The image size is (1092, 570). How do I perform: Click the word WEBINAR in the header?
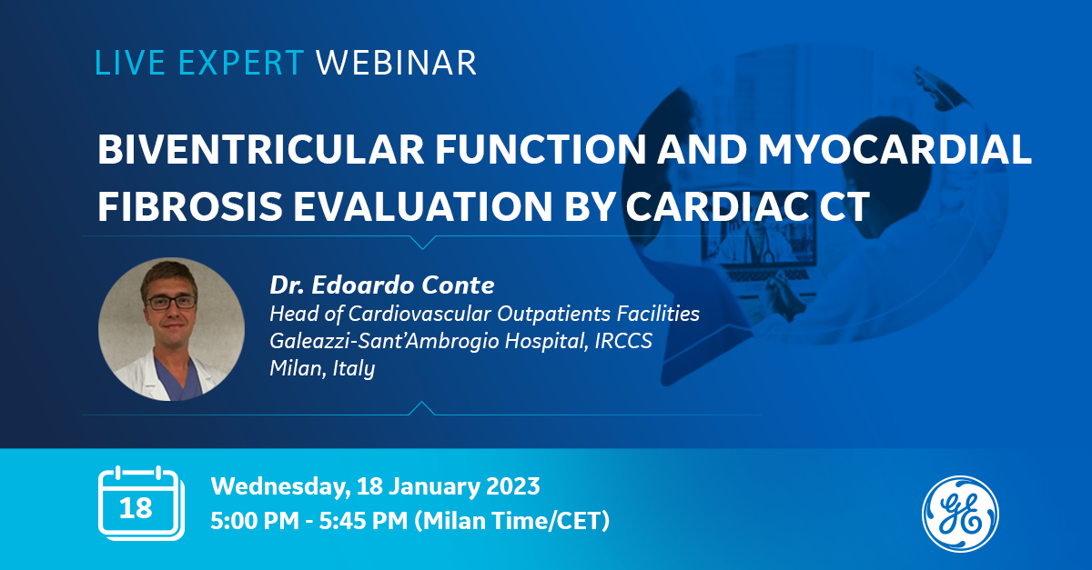tap(396, 63)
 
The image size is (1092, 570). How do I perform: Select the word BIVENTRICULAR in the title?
tap(261, 149)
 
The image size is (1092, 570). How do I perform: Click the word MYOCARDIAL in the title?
tap(895, 149)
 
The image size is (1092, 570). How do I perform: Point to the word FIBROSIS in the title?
tap(190, 206)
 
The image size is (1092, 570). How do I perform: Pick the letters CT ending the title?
tap(844, 206)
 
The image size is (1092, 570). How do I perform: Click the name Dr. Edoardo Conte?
tap(382, 285)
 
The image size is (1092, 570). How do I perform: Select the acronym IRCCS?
tap(623, 341)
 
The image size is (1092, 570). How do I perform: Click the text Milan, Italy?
tap(322, 368)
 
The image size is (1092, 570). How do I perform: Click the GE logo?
tap(960, 514)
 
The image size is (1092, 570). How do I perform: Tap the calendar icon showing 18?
tap(141, 504)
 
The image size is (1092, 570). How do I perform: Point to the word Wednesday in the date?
tap(281, 486)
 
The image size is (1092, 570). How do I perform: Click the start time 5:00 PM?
tap(255, 520)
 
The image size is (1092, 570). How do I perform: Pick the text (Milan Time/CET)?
tap(511, 521)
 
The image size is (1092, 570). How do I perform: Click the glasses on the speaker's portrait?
tap(172, 303)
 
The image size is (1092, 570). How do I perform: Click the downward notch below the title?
tap(422, 243)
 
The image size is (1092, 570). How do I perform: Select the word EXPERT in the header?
tap(241, 63)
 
